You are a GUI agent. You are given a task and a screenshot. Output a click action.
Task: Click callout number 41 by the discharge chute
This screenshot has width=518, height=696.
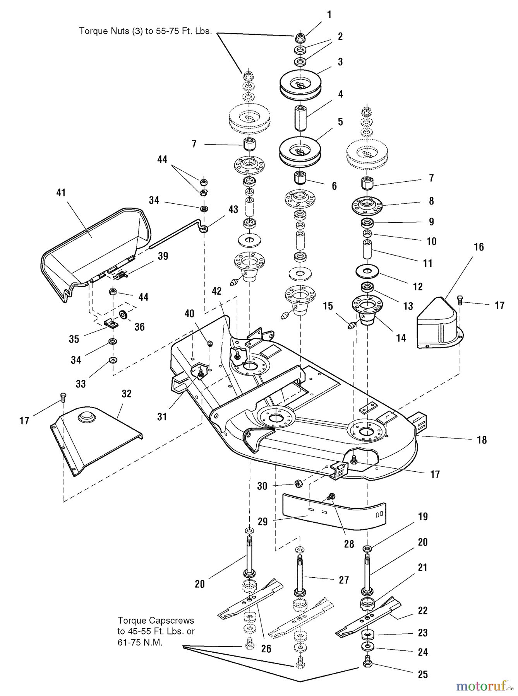point(61,193)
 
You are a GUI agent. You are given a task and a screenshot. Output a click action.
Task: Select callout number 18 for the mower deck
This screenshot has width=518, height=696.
point(482,440)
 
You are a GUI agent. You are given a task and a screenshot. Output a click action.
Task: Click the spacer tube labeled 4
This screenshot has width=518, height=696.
point(301,118)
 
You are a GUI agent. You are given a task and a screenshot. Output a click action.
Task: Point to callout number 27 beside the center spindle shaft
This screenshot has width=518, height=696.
point(344,580)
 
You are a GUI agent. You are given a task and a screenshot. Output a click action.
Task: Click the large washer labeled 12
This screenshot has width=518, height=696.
point(367,270)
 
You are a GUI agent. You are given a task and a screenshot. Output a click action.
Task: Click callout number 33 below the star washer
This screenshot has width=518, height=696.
point(81,384)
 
